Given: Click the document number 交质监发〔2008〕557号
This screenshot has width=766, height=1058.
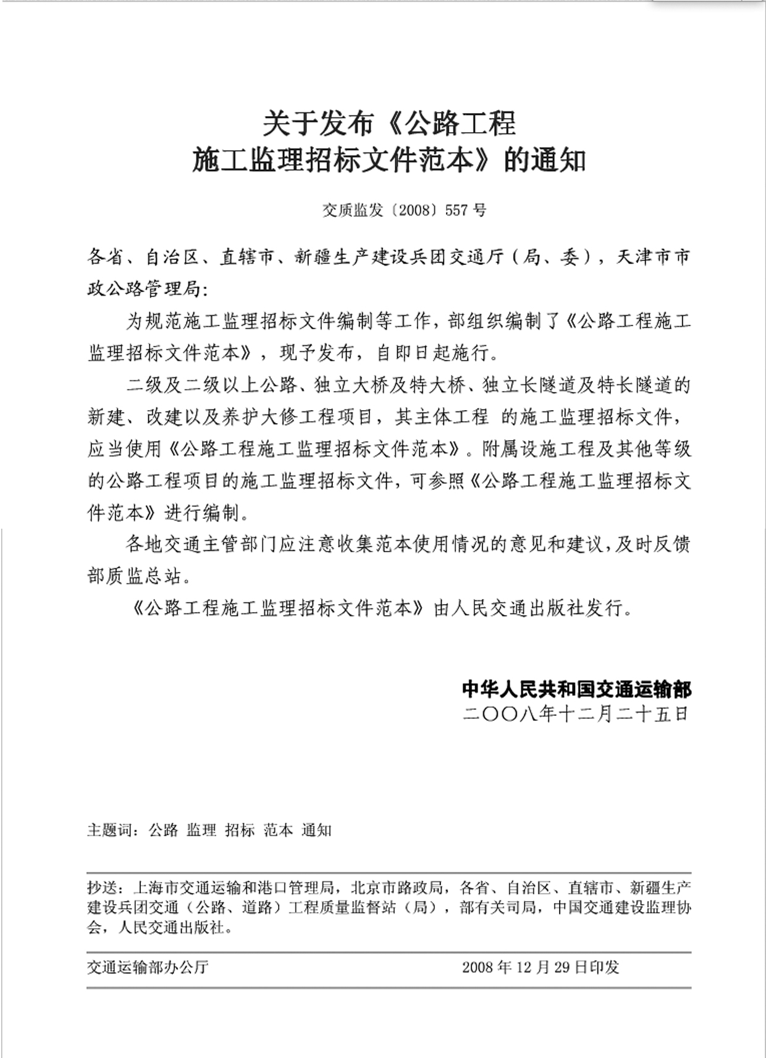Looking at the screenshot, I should (x=404, y=211).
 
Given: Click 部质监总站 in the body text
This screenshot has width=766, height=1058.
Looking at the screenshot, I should (x=135, y=576).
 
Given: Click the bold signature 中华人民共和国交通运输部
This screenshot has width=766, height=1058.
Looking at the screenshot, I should (x=576, y=689).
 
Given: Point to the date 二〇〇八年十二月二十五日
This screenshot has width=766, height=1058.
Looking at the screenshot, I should (x=576, y=714).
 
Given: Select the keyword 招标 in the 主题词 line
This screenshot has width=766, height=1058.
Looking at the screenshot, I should (x=240, y=830).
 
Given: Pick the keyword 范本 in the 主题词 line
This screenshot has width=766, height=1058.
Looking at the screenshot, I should (x=278, y=830).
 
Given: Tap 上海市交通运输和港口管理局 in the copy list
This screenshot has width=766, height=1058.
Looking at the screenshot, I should (x=234, y=888).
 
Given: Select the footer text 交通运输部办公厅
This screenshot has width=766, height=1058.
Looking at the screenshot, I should (x=148, y=967).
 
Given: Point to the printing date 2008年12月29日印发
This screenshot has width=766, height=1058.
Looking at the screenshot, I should (x=541, y=967).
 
